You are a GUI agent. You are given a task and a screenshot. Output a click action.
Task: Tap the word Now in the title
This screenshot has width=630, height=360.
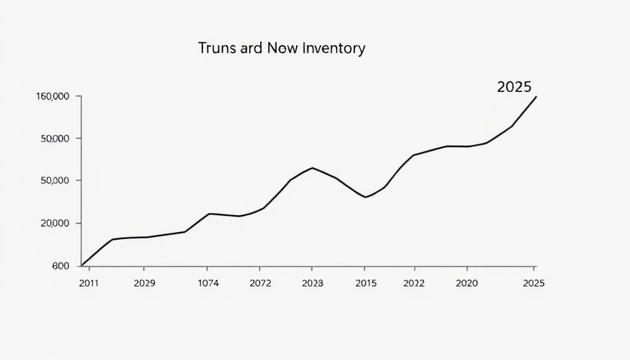click(285, 49)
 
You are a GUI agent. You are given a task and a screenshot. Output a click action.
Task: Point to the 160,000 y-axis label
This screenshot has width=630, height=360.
click(52, 96)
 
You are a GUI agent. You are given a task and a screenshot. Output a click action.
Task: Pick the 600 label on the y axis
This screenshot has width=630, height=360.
click(60, 266)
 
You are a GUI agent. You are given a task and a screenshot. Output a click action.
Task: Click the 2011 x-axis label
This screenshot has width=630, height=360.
click(89, 283)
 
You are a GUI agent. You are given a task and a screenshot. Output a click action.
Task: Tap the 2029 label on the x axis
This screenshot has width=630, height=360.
click(143, 283)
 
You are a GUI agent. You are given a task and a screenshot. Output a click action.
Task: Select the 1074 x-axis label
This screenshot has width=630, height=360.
click(207, 283)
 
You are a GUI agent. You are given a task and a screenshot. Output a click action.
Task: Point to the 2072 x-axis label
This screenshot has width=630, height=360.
click(260, 283)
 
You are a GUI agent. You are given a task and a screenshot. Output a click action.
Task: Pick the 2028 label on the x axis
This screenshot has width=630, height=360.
click(312, 283)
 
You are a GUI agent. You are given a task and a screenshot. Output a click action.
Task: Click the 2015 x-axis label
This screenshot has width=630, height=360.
click(366, 283)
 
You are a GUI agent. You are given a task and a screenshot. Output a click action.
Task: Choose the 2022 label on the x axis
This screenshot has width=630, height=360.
click(414, 283)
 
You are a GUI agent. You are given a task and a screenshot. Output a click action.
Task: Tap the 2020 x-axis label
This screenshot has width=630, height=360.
click(467, 283)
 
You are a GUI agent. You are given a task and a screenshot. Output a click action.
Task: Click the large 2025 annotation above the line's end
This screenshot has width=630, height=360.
click(514, 87)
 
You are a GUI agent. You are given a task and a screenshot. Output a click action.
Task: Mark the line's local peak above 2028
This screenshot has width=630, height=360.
click(312, 168)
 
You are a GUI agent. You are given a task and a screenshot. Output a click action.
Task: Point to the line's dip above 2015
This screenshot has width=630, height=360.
click(366, 197)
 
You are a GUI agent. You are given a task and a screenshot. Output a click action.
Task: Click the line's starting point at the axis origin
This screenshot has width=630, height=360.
click(82, 266)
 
